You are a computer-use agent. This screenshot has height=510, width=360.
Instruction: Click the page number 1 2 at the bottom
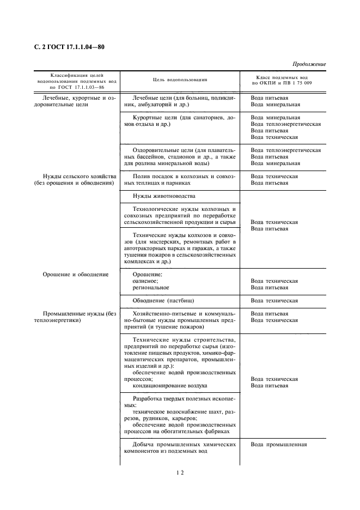(x=180, y=473)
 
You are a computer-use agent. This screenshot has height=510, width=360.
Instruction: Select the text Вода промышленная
(x=279, y=444)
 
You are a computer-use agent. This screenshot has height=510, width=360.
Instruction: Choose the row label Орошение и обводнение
(x=75, y=274)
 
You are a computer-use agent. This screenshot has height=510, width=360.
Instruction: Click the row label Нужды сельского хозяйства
(x=80, y=177)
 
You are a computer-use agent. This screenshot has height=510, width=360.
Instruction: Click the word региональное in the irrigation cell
(x=151, y=287)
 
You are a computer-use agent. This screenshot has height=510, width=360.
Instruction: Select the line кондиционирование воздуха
(x=170, y=385)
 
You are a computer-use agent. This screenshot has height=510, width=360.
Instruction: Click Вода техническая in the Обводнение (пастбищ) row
(x=274, y=300)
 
